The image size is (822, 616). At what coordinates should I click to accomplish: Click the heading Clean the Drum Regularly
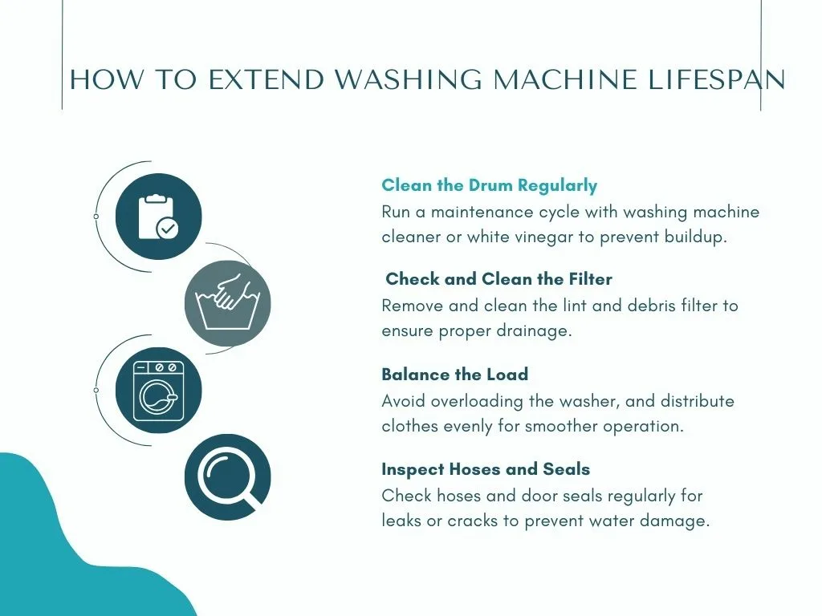[x=489, y=185]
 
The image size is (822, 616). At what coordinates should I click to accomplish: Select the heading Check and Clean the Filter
[x=498, y=278]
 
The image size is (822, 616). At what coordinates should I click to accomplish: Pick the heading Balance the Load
[x=454, y=374]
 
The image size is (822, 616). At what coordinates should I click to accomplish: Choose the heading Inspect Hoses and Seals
[x=486, y=468]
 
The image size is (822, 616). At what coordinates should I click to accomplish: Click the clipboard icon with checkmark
[x=158, y=217]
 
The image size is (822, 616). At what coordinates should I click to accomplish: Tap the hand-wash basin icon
[x=227, y=302]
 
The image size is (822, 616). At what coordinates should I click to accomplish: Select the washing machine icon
[x=158, y=391]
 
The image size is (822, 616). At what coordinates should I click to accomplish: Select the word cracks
[x=472, y=521]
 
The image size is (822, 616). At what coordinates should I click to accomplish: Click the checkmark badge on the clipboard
[x=167, y=229]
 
